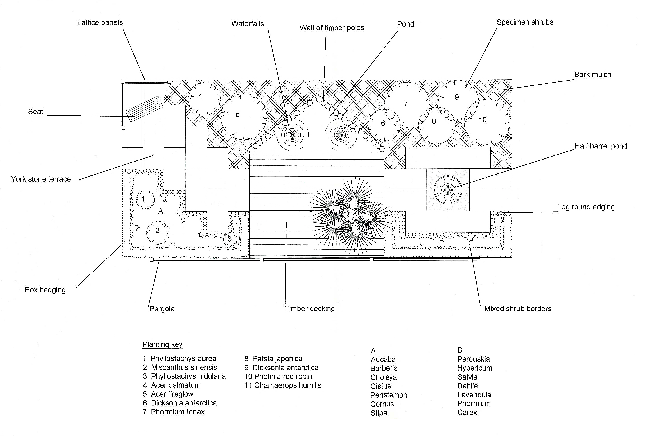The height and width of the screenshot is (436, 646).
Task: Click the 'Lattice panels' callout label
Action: [x=100, y=22]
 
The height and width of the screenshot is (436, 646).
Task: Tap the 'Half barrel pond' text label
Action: [x=601, y=146]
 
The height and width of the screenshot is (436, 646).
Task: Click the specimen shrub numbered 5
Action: [x=244, y=117]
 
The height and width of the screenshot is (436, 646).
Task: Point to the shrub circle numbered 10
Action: [x=487, y=122]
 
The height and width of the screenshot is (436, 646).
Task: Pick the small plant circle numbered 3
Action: [x=230, y=239]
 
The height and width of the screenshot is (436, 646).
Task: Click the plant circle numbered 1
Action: [x=145, y=200]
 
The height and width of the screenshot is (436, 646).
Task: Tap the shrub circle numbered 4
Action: [x=204, y=99]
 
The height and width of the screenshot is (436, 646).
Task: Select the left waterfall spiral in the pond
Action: [x=292, y=135]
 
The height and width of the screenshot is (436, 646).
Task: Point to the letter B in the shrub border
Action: [x=441, y=241]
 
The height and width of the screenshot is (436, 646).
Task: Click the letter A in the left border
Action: [x=160, y=211]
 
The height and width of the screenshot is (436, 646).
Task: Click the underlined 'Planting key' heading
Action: [x=162, y=345]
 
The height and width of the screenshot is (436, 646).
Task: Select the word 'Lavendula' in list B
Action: [x=474, y=395]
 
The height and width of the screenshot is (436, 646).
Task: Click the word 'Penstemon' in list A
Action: [x=389, y=395]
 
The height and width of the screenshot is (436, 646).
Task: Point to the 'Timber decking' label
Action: [x=310, y=309]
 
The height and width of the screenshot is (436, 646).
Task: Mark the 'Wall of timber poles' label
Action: [x=332, y=28]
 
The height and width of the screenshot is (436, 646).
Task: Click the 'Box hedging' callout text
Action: [x=45, y=290]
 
